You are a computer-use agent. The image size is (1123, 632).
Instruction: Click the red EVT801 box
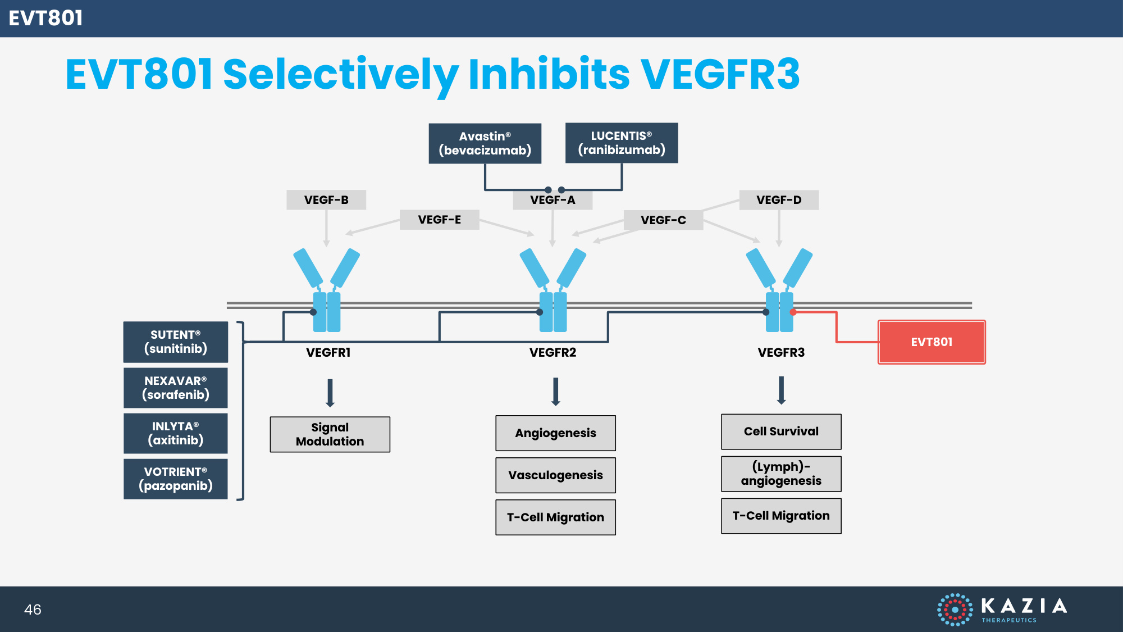(x=932, y=342)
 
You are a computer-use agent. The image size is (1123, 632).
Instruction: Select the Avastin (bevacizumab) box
(x=485, y=144)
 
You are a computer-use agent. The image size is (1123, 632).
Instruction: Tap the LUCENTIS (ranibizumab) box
(x=622, y=143)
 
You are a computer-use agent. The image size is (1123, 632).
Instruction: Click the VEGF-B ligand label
(x=326, y=200)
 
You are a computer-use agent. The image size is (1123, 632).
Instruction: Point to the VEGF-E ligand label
(x=440, y=220)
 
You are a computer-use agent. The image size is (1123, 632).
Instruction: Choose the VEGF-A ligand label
(x=553, y=200)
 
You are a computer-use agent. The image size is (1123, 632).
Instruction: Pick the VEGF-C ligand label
(x=663, y=220)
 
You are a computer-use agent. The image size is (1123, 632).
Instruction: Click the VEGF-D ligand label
(x=779, y=200)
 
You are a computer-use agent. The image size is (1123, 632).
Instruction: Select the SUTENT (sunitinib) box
(x=176, y=342)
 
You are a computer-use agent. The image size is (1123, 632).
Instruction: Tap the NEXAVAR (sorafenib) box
(x=176, y=388)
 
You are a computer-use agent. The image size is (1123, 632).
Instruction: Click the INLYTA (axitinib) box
(x=176, y=434)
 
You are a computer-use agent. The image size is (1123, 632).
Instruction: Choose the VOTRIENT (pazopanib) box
(x=176, y=479)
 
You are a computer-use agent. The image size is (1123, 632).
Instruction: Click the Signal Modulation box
(x=330, y=434)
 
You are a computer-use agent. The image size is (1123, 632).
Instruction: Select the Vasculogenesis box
(x=555, y=475)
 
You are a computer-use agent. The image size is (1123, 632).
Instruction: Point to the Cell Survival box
(x=781, y=431)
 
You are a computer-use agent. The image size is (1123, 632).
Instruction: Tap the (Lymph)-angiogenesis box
(x=781, y=474)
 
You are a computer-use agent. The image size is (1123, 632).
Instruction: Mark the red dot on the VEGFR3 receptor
(x=793, y=312)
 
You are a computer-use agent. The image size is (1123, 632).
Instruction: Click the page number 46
(x=33, y=610)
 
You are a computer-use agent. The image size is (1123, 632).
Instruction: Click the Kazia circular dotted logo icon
(x=955, y=610)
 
